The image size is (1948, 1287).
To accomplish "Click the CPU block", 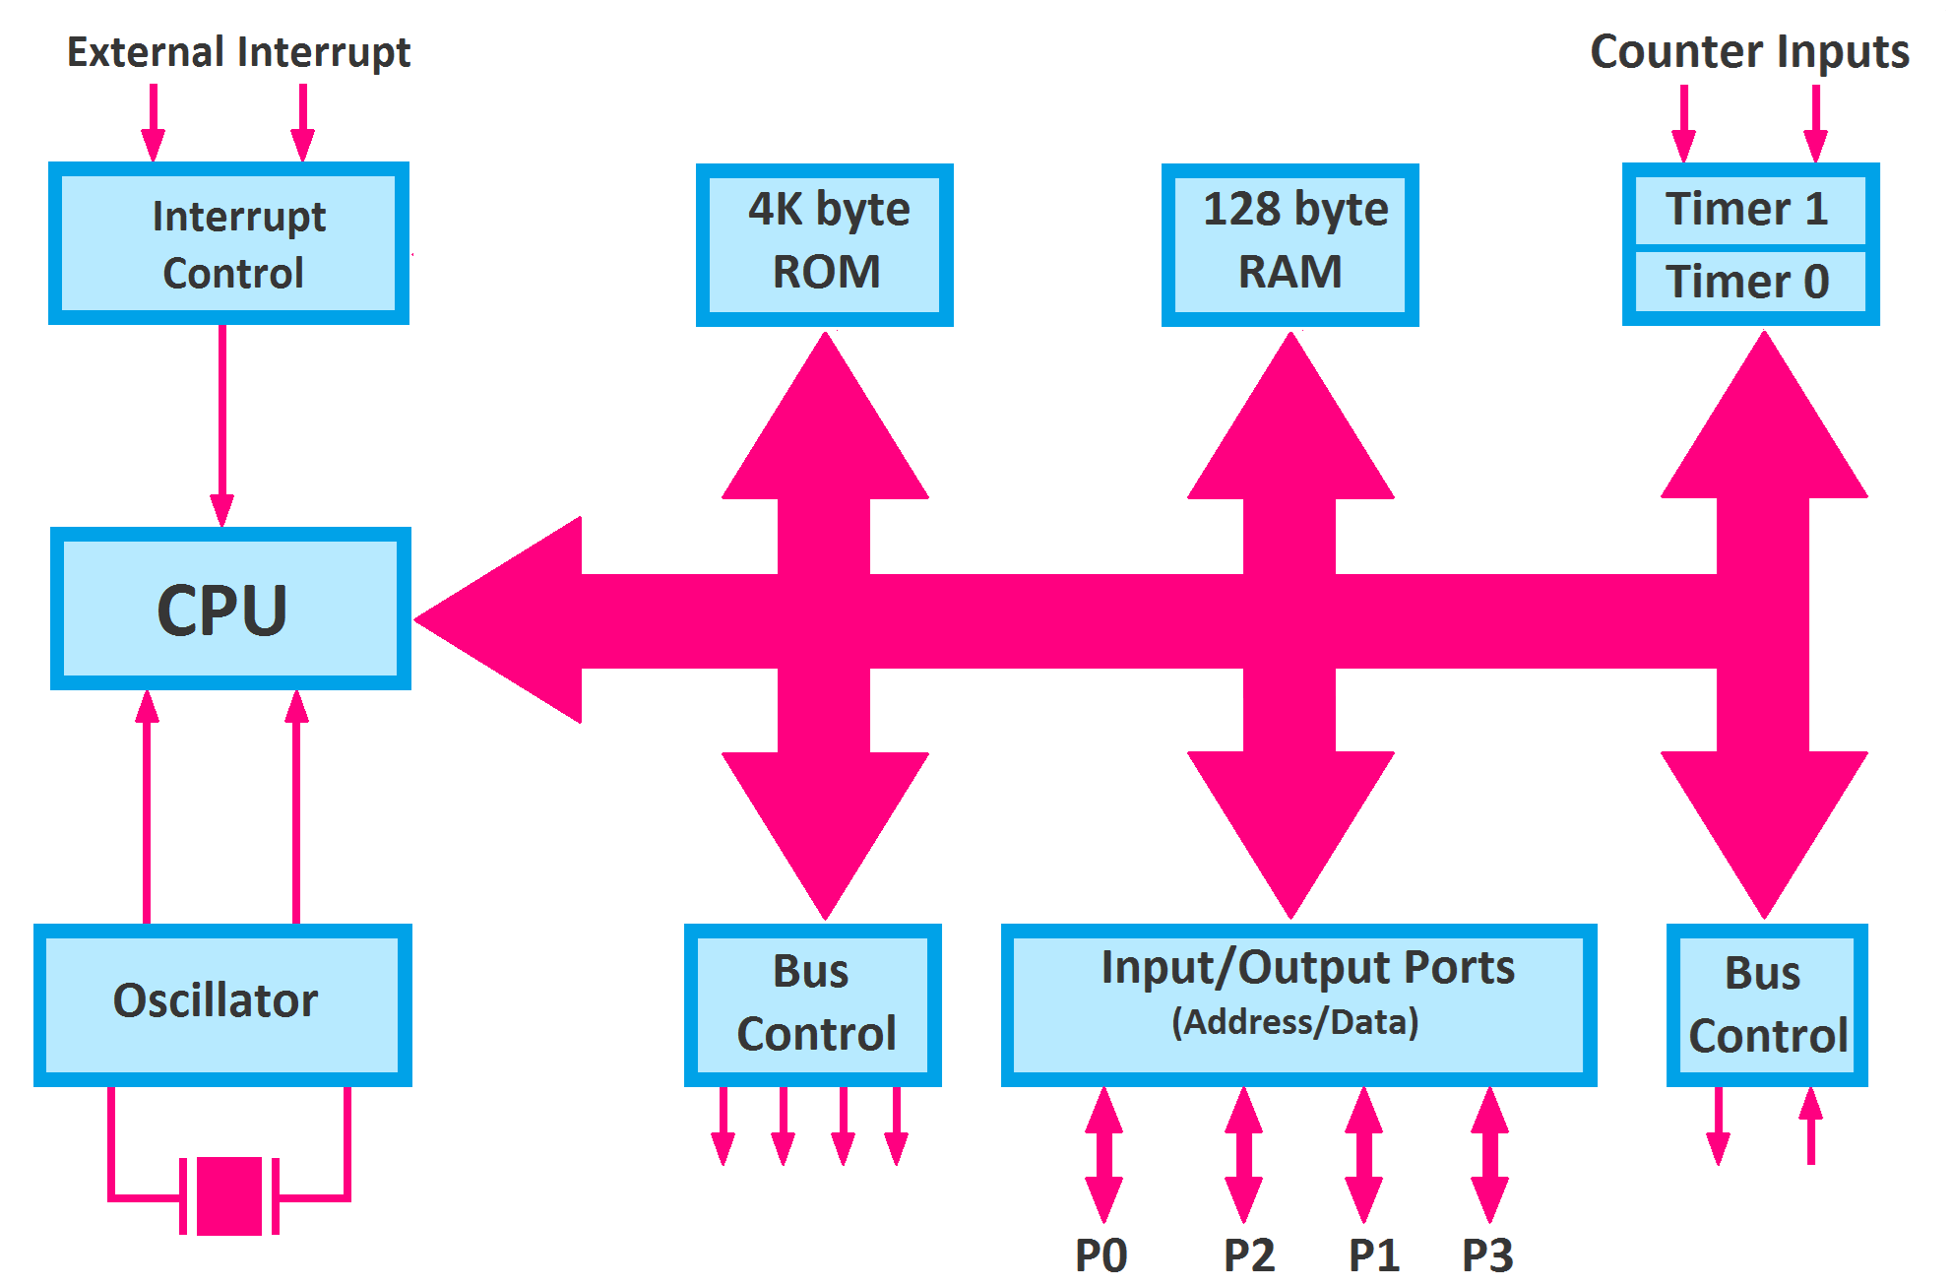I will point(230,609).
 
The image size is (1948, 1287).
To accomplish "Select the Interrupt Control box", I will point(228,243).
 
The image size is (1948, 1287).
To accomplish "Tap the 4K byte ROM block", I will point(825,244).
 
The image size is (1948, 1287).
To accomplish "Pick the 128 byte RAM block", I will point(1289,244).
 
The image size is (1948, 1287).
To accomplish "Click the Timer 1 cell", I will point(1749,210).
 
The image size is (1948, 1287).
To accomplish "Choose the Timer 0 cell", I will point(1749,283).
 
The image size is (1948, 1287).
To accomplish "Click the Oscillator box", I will point(222,1003).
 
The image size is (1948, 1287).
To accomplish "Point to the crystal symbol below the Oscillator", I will point(229,1195).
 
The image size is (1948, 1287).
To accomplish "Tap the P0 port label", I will point(1100,1255).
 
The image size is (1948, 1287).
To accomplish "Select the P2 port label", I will point(1248,1255).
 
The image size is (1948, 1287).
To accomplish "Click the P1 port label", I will point(1373,1255).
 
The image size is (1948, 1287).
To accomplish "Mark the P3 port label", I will point(1486,1255).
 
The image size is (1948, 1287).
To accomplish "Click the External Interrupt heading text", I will point(238,51).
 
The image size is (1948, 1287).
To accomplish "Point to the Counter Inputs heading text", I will point(1749,51).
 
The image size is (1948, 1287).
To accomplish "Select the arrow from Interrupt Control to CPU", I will point(222,423).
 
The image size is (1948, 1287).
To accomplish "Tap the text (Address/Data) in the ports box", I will point(1295,1022).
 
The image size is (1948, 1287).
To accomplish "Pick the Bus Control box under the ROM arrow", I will point(813,1003).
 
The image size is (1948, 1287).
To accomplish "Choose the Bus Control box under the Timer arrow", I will point(1767,1004).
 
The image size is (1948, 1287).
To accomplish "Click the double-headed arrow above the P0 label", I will point(1103,1155).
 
